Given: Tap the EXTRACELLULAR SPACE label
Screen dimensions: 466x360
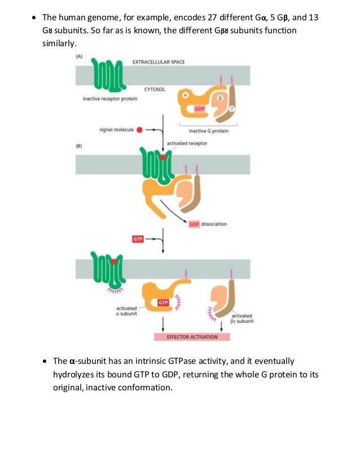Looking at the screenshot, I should (158, 61).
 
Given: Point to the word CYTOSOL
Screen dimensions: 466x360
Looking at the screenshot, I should (154, 89).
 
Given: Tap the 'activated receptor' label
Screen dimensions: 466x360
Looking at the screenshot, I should (187, 143).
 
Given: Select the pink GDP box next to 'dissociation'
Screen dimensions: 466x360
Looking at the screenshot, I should (195, 224).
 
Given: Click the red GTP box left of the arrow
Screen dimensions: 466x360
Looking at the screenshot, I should (138, 239).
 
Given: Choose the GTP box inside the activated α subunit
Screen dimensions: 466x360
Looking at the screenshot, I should (163, 303).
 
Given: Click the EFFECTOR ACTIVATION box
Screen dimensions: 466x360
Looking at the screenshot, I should (192, 337).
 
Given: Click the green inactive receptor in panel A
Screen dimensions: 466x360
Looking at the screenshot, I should (107, 74).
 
